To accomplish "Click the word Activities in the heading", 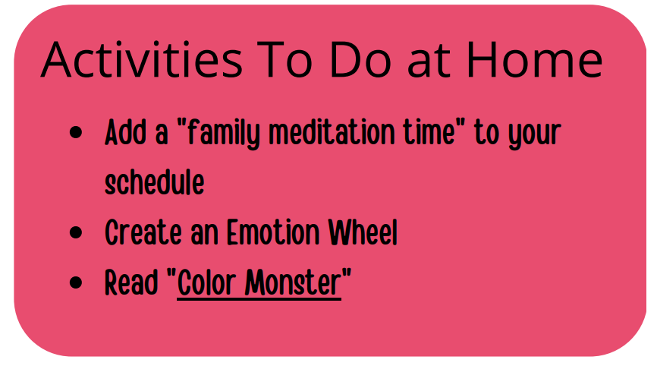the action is (x=142, y=59).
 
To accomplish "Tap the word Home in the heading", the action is (x=535, y=59).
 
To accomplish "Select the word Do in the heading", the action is (x=361, y=59).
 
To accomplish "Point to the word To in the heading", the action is (x=284, y=59).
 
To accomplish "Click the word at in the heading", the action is (x=429, y=62).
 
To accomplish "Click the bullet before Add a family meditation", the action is (x=76, y=132).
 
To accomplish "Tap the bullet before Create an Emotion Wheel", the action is (x=76, y=232).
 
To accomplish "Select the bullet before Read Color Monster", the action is (x=76, y=282).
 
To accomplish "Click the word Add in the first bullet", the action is (x=125, y=132).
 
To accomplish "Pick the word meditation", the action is (x=332, y=131).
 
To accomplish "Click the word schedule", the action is (x=155, y=182).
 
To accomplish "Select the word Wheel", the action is (x=363, y=232).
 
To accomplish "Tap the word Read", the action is (x=131, y=282).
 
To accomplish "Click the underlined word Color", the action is (x=206, y=282).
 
